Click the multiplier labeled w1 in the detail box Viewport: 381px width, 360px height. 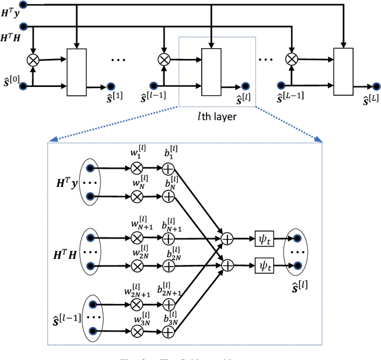point(138,168)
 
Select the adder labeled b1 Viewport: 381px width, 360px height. point(168,168)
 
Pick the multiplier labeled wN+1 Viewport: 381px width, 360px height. point(138,237)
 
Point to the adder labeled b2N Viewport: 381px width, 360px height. point(168,263)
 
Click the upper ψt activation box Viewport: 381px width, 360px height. point(263,237)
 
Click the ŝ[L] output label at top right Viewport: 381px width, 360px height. point(369,102)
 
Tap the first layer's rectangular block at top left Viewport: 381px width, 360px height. point(76,71)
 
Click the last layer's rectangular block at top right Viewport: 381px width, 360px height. point(342,71)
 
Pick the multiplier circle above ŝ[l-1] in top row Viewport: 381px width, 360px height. point(163,59)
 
